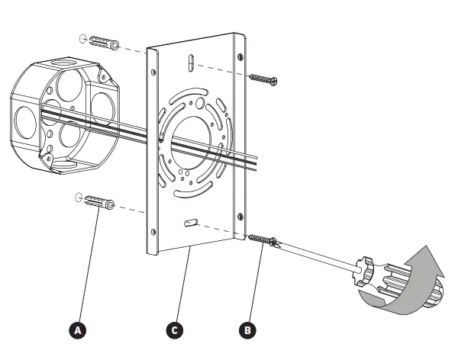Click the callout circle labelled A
(x=76, y=329)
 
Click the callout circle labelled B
(x=247, y=329)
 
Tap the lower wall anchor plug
(x=98, y=204)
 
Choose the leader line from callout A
(x=89, y=267)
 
